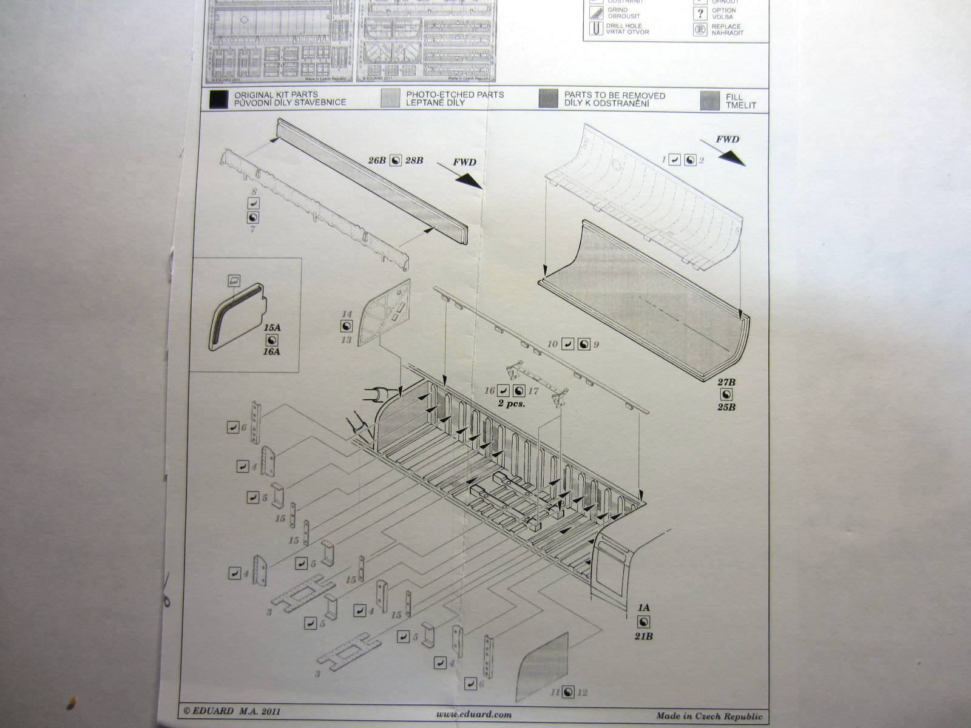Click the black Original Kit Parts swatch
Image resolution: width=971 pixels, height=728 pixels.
218,99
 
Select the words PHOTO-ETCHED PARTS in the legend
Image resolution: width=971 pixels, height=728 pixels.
455,95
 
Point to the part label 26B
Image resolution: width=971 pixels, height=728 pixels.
377,160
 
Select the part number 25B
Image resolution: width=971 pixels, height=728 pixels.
726,406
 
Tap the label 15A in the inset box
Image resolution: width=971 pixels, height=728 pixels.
273,328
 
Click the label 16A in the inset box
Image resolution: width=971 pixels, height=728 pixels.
273,351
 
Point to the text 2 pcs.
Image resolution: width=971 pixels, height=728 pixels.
511,403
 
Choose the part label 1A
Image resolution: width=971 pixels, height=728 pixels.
644,607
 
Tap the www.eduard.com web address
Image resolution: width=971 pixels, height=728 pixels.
473,714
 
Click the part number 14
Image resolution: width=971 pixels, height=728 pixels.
347,314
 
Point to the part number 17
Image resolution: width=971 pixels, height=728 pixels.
533,391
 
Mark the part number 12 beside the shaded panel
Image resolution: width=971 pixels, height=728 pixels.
583,692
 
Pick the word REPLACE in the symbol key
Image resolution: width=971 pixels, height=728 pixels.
726,27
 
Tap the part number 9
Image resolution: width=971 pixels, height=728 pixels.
596,345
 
